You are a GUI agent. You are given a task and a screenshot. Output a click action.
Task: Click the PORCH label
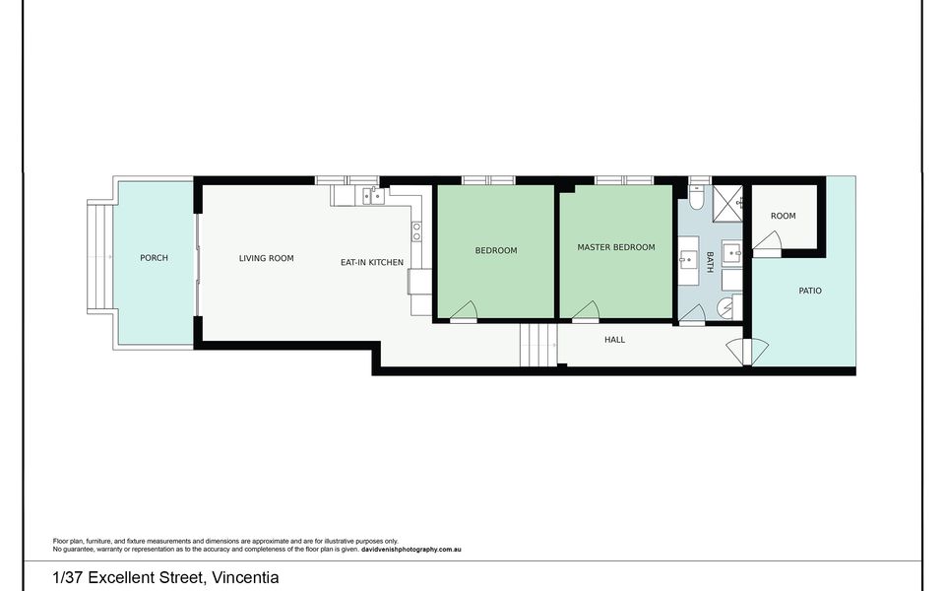click(154, 258)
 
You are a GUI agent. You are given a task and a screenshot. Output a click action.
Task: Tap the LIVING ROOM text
click(267, 258)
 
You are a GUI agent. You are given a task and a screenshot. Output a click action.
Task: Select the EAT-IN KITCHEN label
click(372, 262)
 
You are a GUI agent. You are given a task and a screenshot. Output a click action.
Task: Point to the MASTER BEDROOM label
click(616, 247)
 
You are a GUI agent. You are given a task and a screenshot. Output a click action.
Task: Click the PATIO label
click(810, 291)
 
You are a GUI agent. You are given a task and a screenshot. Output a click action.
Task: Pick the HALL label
click(615, 340)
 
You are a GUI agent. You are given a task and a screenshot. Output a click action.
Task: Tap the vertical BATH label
click(710, 262)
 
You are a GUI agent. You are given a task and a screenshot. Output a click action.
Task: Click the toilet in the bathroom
click(696, 200)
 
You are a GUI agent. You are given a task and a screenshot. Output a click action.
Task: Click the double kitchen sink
click(373, 196)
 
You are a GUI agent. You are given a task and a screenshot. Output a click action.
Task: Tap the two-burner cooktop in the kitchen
click(416, 231)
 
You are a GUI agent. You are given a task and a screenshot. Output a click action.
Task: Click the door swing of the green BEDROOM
click(464, 312)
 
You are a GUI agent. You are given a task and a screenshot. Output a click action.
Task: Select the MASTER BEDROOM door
click(587, 312)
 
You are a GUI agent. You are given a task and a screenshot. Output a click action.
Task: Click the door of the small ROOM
click(768, 242)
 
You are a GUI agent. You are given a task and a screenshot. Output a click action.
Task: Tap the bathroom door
click(693, 315)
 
